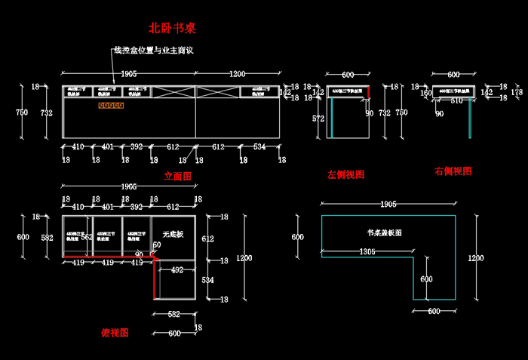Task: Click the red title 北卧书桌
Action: [173, 29]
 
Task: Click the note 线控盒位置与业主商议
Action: [154, 51]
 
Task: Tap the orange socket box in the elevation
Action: [110, 105]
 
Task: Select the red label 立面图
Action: [178, 176]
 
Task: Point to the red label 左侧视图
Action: [345, 174]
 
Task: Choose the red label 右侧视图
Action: [453, 171]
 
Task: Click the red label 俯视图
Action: [115, 332]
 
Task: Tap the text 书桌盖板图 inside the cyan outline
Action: [384, 233]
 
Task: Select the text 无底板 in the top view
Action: [173, 233]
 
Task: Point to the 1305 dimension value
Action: [367, 251]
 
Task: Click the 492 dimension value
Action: [177, 269]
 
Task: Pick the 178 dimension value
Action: [517, 92]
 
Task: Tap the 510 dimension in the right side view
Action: [456, 100]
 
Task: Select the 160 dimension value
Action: [425, 94]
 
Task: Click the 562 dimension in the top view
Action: [87, 238]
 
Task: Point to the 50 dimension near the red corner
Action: [157, 245]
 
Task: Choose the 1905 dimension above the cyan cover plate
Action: [388, 204]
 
